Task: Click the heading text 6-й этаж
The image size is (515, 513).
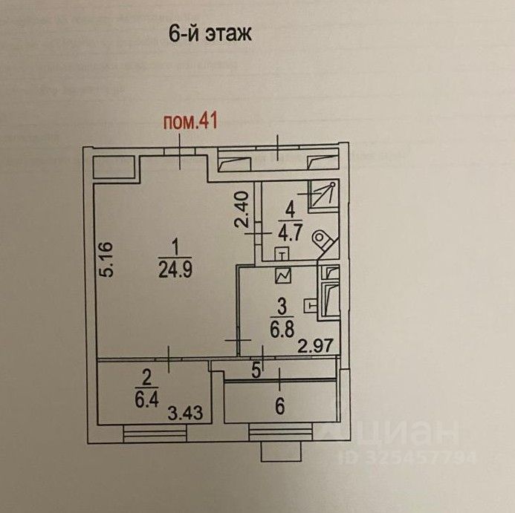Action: coord(211,33)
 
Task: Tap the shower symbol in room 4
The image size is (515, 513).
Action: coord(324,195)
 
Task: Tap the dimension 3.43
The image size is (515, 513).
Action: coord(186,410)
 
